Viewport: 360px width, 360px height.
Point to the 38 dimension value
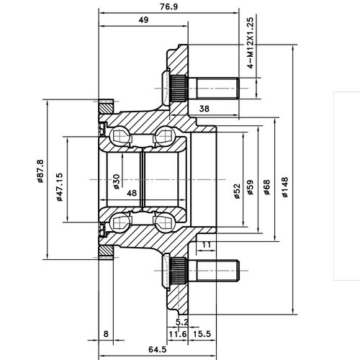point(204,109)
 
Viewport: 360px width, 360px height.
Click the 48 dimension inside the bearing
point(131,193)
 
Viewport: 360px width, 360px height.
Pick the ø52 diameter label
point(237,193)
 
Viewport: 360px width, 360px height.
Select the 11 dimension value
point(207,246)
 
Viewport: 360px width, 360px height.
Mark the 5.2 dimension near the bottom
point(182,322)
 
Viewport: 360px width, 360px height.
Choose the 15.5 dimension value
point(202,333)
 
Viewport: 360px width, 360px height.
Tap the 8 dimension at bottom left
point(107,333)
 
